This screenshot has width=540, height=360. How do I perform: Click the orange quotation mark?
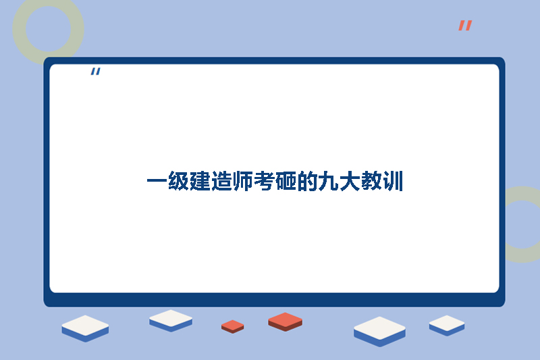[465, 26]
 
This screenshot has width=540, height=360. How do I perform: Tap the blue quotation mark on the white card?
[95, 72]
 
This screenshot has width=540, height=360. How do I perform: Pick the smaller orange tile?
[232, 326]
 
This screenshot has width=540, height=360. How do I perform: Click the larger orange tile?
[285, 321]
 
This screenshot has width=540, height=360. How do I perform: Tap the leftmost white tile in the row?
[85, 328]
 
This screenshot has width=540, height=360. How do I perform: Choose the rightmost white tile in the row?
[447, 325]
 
